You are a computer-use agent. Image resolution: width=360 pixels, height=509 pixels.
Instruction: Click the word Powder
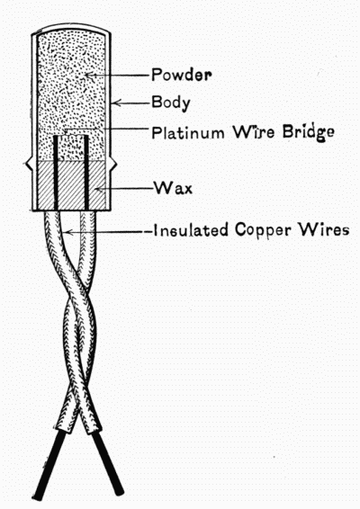click(182, 75)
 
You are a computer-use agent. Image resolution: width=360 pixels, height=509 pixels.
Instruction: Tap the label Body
click(171, 103)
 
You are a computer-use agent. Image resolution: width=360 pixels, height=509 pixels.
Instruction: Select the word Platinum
click(188, 132)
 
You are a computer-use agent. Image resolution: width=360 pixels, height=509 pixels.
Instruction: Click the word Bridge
click(308, 133)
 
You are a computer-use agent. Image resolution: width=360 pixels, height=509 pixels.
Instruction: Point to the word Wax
click(173, 188)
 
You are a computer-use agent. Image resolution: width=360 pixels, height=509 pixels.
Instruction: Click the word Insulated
click(191, 230)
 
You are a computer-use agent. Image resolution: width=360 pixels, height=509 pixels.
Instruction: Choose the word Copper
click(263, 230)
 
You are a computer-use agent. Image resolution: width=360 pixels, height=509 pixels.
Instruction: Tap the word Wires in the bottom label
click(324, 229)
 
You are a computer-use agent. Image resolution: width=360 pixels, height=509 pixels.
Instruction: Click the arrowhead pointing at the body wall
click(116, 103)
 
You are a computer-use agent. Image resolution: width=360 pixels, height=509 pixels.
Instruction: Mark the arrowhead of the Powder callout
click(89, 75)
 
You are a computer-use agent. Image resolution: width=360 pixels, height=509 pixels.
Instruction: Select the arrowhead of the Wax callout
click(99, 188)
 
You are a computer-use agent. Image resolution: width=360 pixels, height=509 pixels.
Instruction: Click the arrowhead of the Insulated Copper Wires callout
click(68, 232)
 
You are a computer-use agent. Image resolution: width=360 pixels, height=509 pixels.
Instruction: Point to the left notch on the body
click(28, 165)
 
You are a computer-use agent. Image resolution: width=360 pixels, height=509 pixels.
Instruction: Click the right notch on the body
click(113, 165)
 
